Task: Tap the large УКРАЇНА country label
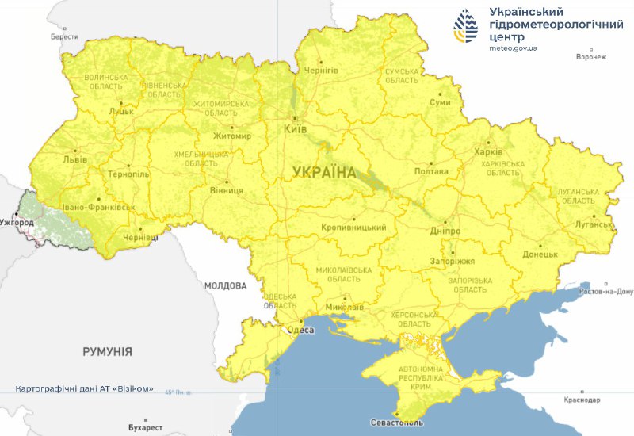[324, 172]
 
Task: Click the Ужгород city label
[17, 223]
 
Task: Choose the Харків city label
[487, 152]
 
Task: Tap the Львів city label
[75, 159]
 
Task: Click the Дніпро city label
[446, 231]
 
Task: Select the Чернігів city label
[321, 70]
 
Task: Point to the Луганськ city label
[594, 224]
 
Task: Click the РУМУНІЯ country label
[107, 351]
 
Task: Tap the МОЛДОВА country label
[226, 285]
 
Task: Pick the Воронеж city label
[591, 57]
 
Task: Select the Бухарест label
[143, 427]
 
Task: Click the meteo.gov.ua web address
[514, 48]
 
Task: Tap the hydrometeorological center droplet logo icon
[466, 27]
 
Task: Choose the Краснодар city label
[582, 400]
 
